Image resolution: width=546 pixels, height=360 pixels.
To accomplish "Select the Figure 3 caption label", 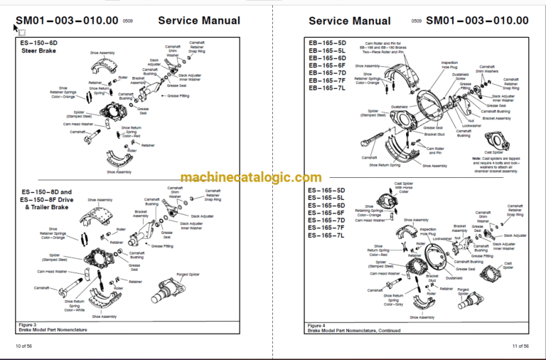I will (x=26, y=324).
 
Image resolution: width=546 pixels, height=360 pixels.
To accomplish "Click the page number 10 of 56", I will (x=23, y=346).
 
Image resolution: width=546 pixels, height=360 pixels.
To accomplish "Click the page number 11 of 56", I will (x=516, y=346).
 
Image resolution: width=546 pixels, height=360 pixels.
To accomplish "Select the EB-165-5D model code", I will (x=326, y=43).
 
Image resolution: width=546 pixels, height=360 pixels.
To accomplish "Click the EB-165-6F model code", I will (x=326, y=65).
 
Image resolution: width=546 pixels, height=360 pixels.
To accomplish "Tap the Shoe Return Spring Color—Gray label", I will (x=386, y=300).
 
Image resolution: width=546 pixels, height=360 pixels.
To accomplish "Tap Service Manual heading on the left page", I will (x=198, y=21).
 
